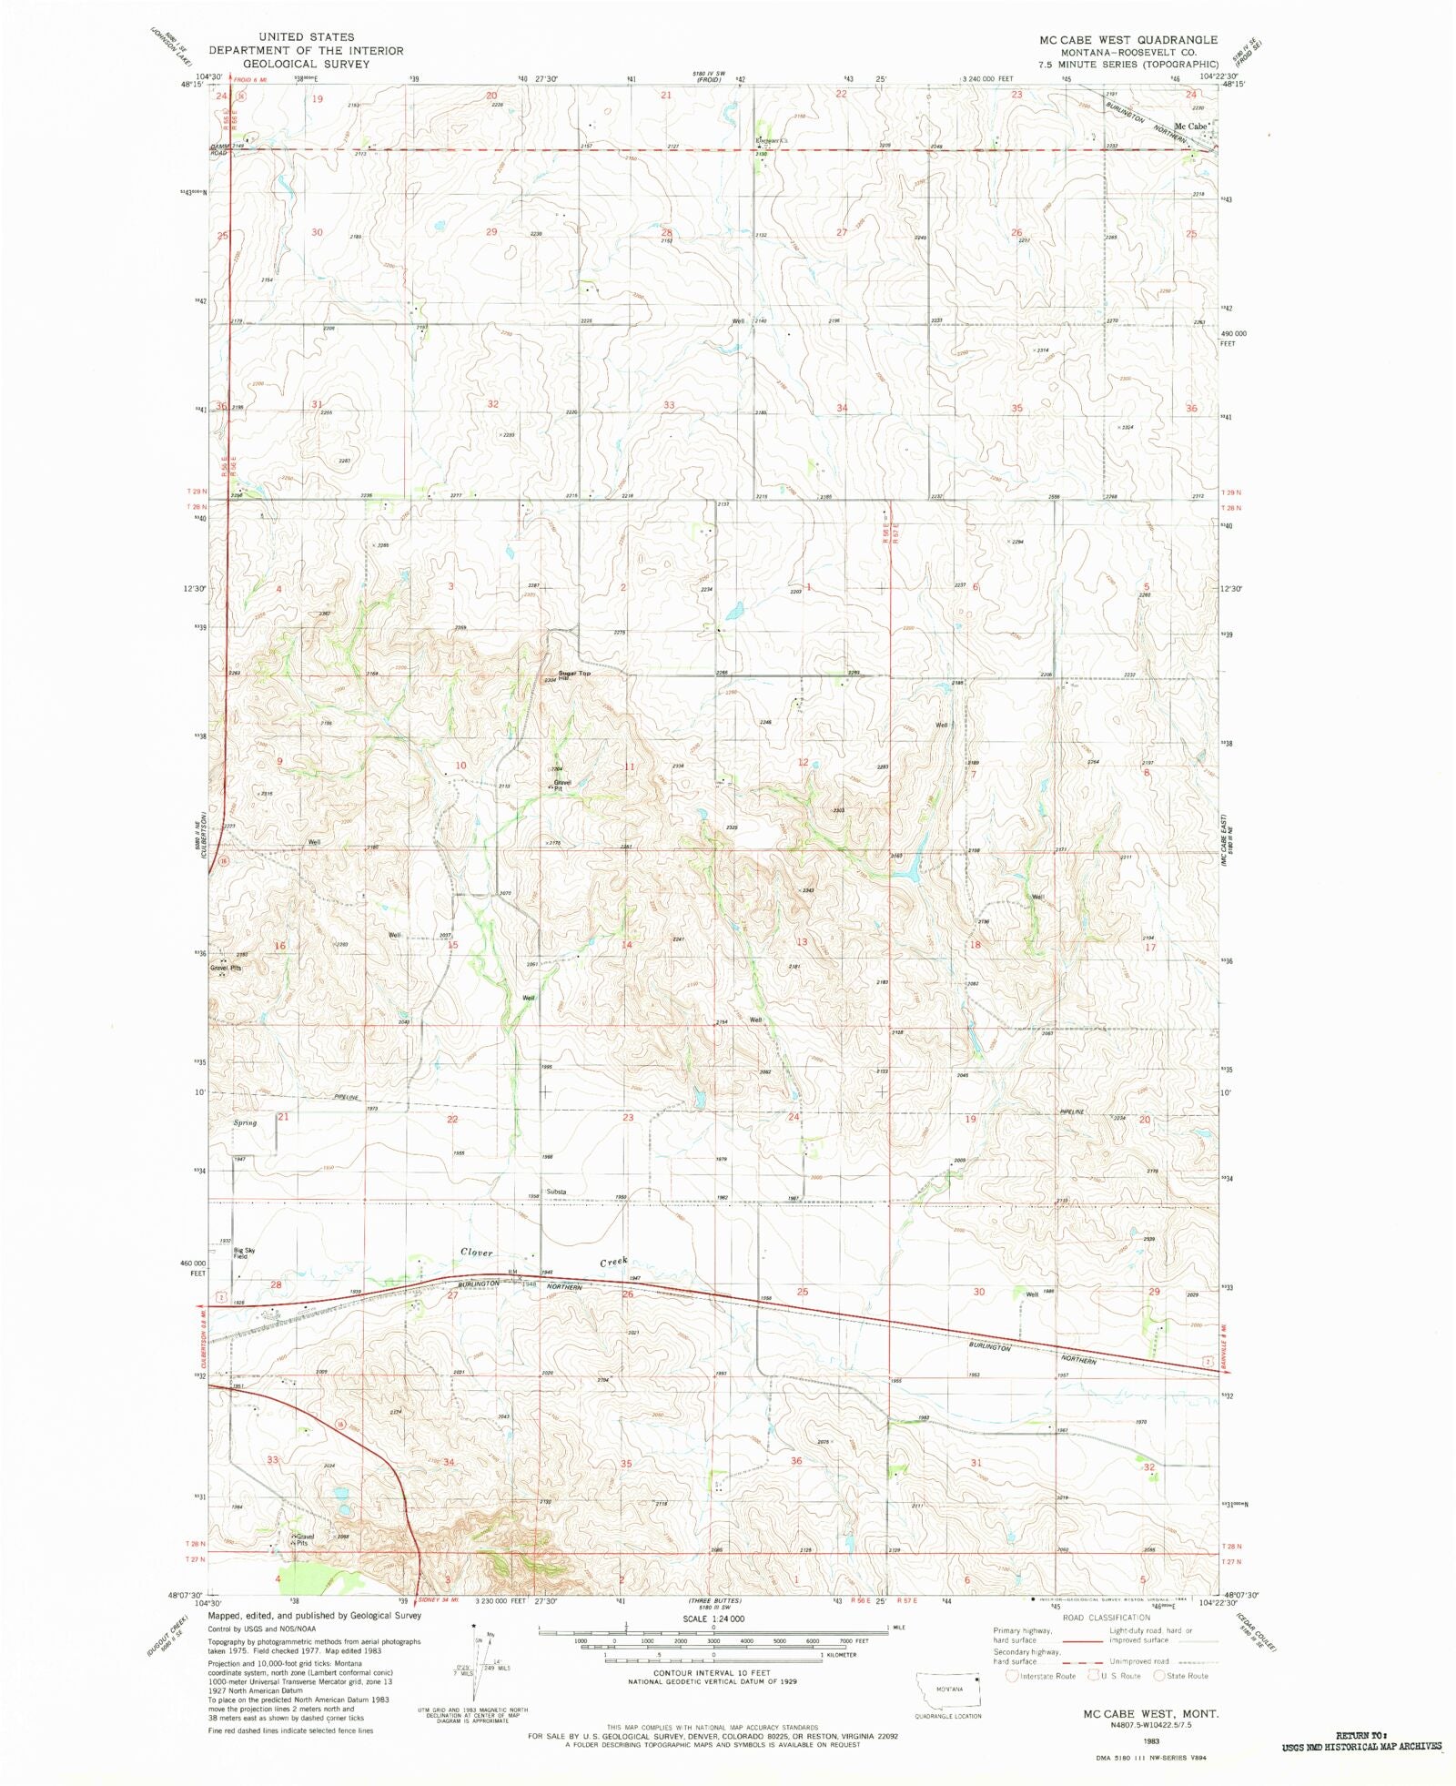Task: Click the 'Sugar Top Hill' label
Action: pos(573,675)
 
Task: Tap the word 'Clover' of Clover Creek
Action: pos(476,1253)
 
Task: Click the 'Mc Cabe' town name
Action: pos(1189,127)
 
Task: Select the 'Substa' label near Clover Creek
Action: pos(556,1192)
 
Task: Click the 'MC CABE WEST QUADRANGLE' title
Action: pos(1127,40)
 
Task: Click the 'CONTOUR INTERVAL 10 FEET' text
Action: pos(712,1673)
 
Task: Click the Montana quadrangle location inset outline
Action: pos(948,1694)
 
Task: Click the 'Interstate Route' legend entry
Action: pos(1046,1676)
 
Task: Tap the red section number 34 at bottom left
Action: pos(448,1463)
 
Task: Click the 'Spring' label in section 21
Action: pos(245,1122)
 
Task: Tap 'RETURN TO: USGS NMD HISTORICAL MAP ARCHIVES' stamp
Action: pos(1361,1741)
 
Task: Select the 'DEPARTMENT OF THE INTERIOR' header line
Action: pos(305,51)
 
